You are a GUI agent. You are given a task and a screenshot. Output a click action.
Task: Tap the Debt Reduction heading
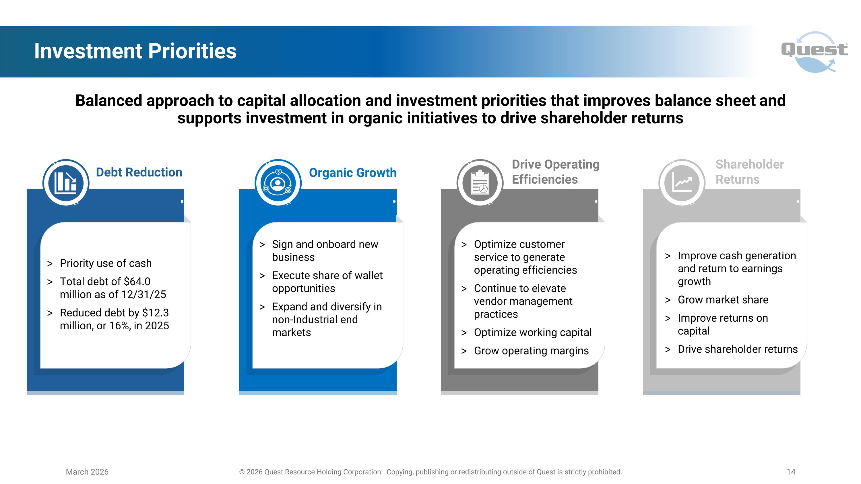[x=139, y=172]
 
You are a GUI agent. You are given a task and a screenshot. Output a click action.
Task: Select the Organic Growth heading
[x=353, y=173]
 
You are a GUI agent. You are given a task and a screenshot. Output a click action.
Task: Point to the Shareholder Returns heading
[x=749, y=172]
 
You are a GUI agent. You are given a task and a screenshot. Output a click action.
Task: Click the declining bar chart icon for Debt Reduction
[x=66, y=183]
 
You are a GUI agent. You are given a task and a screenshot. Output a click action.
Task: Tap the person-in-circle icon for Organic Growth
[x=278, y=183]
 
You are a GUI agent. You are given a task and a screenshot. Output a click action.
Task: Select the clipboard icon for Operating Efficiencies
[x=480, y=183]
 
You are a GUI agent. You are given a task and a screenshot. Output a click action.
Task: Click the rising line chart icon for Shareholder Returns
[x=682, y=183]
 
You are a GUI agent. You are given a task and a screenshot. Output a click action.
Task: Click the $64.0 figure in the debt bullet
[x=137, y=281]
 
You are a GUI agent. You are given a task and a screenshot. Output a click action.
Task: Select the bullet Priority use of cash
[x=106, y=263]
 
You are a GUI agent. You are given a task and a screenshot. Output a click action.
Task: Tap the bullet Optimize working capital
[x=532, y=332]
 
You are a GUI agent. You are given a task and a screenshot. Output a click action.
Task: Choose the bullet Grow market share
[x=723, y=300]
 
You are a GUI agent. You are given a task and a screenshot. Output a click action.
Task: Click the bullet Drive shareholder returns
[x=737, y=349]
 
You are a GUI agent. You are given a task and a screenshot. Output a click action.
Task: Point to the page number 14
[x=791, y=472]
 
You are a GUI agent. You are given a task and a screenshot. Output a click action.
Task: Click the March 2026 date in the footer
[x=87, y=472]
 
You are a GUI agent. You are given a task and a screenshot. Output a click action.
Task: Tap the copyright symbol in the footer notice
[x=242, y=472]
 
